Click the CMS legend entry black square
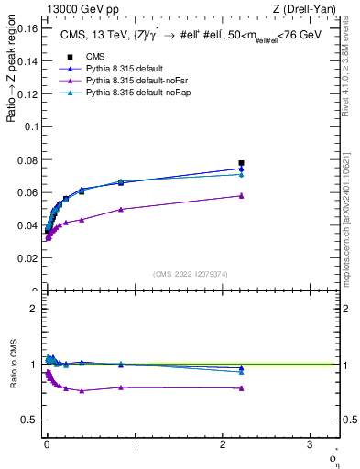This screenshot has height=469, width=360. [x=70, y=57]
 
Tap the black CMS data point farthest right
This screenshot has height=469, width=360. [x=241, y=163]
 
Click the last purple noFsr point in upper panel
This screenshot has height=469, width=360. [x=241, y=196]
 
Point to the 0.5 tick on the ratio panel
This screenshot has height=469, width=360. [x=32, y=420]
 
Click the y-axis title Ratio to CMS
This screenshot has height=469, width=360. [x=12, y=364]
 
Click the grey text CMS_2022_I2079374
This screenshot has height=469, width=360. [x=190, y=273]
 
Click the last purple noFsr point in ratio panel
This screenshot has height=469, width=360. [x=241, y=388]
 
